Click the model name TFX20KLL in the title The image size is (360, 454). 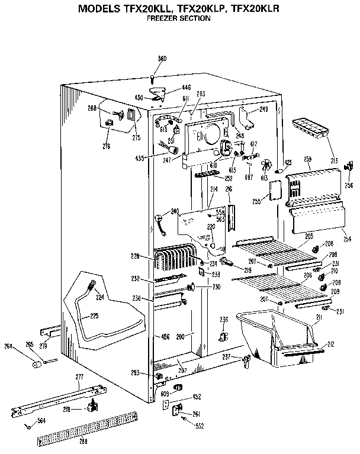(145, 9)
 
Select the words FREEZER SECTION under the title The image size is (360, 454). (178, 18)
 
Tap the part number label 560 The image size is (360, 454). (162, 59)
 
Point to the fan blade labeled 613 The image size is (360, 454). (265, 164)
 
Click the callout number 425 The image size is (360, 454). (288, 162)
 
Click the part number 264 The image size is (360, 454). (8, 347)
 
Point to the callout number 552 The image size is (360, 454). (200, 426)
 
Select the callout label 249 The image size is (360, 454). (264, 110)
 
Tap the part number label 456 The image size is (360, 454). (166, 337)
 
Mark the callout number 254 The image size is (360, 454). (347, 239)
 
